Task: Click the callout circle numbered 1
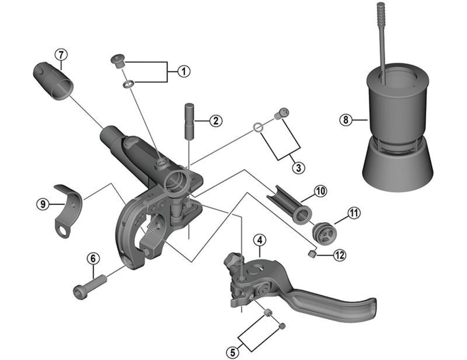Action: click(183, 72)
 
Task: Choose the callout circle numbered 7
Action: click(62, 55)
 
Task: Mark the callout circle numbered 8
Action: click(346, 120)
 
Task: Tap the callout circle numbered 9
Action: click(41, 204)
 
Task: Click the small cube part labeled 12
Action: click(312, 253)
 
